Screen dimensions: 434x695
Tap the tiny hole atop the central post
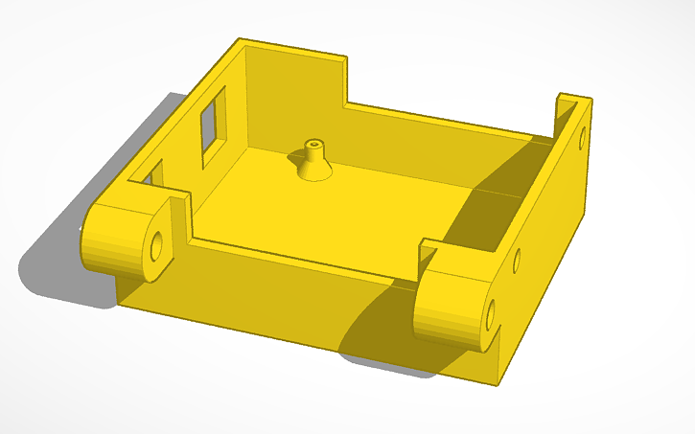313,143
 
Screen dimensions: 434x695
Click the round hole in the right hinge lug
491,312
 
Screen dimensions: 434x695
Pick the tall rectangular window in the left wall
211,123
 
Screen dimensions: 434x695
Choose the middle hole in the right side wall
518,259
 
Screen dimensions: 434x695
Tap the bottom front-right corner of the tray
498,381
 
